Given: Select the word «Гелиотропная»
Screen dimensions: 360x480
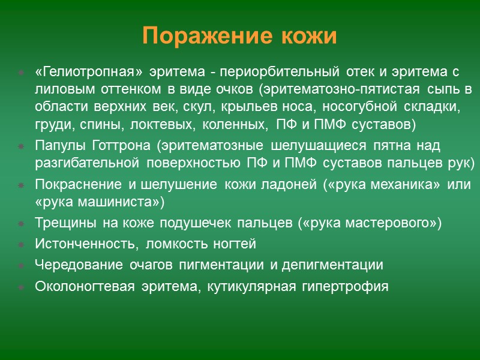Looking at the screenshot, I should click(89, 73).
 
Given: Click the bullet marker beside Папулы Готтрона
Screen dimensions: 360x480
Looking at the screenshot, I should click(21, 146).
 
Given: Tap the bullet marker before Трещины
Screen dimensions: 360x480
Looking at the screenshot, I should click(21, 224).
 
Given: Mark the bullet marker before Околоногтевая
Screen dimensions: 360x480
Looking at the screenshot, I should click(21, 287).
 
